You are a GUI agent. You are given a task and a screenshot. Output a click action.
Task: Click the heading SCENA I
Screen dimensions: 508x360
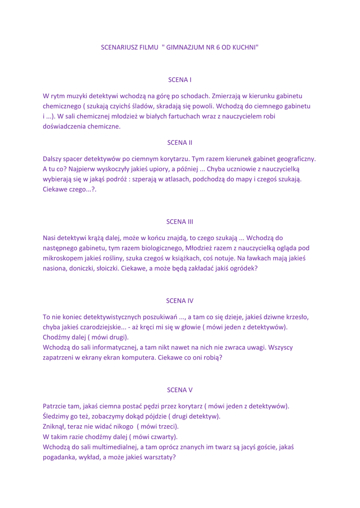pyautogui.click(x=180, y=79)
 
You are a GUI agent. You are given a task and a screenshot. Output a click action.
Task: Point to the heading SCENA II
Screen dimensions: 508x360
pyautogui.click(x=180, y=142)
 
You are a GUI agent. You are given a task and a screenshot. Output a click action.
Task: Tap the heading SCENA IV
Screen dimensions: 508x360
pyautogui.click(x=180, y=300)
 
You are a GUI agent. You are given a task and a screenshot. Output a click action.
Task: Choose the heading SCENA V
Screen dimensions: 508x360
pyautogui.click(x=180, y=389)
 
